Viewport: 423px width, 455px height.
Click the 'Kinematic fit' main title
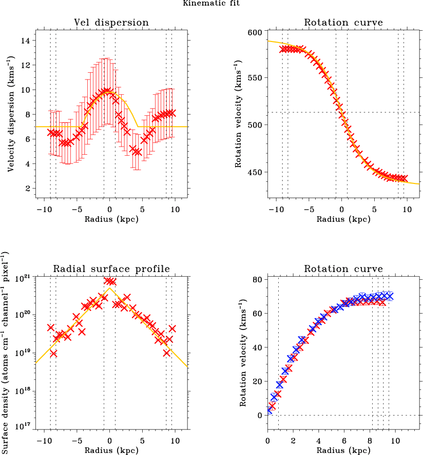tap(211, 4)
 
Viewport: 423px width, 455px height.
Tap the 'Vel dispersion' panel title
tap(111, 23)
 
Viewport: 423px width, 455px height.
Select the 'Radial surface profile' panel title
tap(111, 269)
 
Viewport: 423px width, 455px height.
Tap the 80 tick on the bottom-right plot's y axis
tap(257, 280)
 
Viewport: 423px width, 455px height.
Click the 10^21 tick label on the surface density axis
tap(25, 278)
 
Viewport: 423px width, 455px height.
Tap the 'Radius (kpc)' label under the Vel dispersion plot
tap(111, 219)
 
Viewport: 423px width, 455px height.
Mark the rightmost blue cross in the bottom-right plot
tap(389, 296)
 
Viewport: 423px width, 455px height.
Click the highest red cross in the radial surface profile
tap(108, 280)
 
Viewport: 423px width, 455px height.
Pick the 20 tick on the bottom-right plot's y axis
tap(257, 381)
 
